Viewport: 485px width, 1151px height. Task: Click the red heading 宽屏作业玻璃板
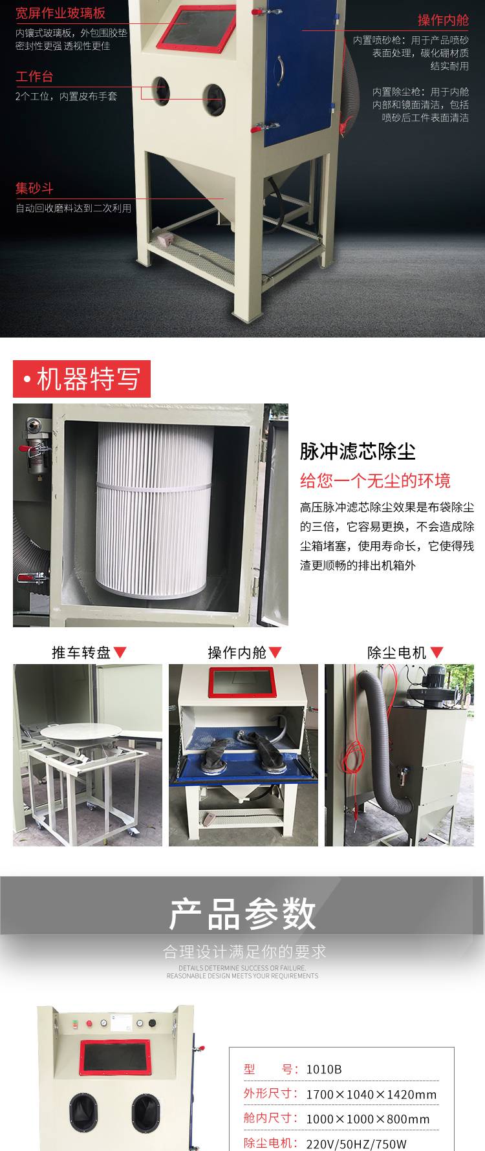[60, 13]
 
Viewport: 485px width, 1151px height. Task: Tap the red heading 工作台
[34, 76]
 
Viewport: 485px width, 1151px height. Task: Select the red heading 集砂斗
[34, 189]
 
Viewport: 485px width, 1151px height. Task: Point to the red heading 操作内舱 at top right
[443, 20]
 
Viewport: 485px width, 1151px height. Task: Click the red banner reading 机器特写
[82, 379]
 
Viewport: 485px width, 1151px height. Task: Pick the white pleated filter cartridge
[155, 508]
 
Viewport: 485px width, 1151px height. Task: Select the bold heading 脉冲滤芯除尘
[358, 451]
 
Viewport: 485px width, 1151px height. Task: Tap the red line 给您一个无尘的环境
[375, 481]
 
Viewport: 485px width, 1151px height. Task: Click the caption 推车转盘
[81, 652]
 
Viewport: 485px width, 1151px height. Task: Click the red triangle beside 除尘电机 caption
[437, 653]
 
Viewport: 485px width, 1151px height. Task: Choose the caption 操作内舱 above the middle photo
[237, 652]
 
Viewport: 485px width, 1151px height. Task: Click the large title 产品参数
[242, 914]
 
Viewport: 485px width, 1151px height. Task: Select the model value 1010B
[324, 1069]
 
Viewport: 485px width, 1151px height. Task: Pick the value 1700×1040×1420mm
[371, 1094]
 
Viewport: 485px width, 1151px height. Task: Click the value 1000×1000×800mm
[367, 1119]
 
